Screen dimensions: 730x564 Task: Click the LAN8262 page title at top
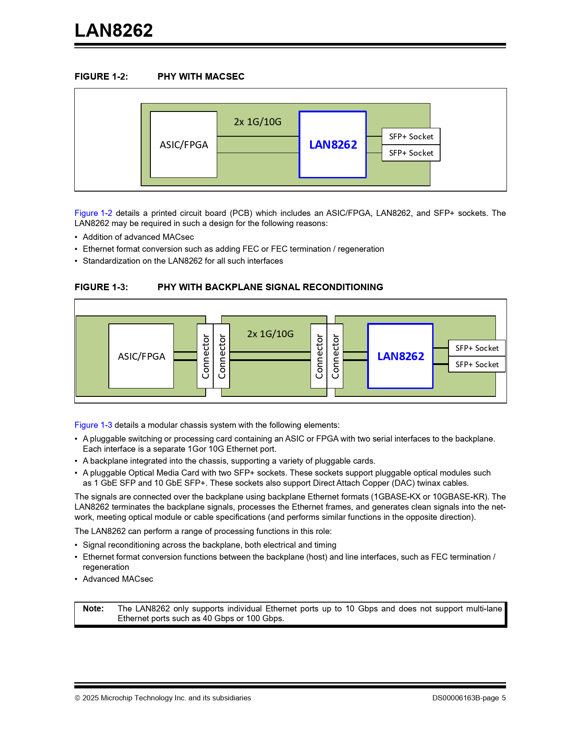pos(114,31)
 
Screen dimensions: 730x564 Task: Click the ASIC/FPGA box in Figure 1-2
pos(184,145)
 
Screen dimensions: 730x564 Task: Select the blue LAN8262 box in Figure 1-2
pos(333,145)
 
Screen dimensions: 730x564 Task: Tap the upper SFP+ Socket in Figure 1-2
pos(411,137)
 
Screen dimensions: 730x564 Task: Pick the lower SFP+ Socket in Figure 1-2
pos(411,153)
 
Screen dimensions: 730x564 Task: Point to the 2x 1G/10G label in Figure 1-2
pos(257,122)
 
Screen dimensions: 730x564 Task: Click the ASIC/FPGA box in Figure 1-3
pos(141,356)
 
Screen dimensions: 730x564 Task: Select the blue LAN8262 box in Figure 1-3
pos(400,356)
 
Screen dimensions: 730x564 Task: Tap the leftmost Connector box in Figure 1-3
pos(205,356)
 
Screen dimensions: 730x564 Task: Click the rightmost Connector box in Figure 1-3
pos(335,356)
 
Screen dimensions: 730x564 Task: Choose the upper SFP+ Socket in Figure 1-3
pos(477,348)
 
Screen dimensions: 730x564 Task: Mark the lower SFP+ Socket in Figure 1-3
pos(477,365)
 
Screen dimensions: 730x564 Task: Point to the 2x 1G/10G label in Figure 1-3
pos(270,334)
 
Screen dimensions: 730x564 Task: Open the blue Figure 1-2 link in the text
pos(93,213)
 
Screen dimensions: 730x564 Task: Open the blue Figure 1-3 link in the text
pos(93,425)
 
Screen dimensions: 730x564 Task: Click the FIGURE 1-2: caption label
pos(101,77)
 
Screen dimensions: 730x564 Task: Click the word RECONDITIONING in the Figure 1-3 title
pos(342,287)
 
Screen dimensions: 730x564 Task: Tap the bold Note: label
pos(93,609)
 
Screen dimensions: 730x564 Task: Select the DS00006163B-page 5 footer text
pos(469,698)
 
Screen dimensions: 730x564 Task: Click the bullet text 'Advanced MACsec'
pos(118,579)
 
